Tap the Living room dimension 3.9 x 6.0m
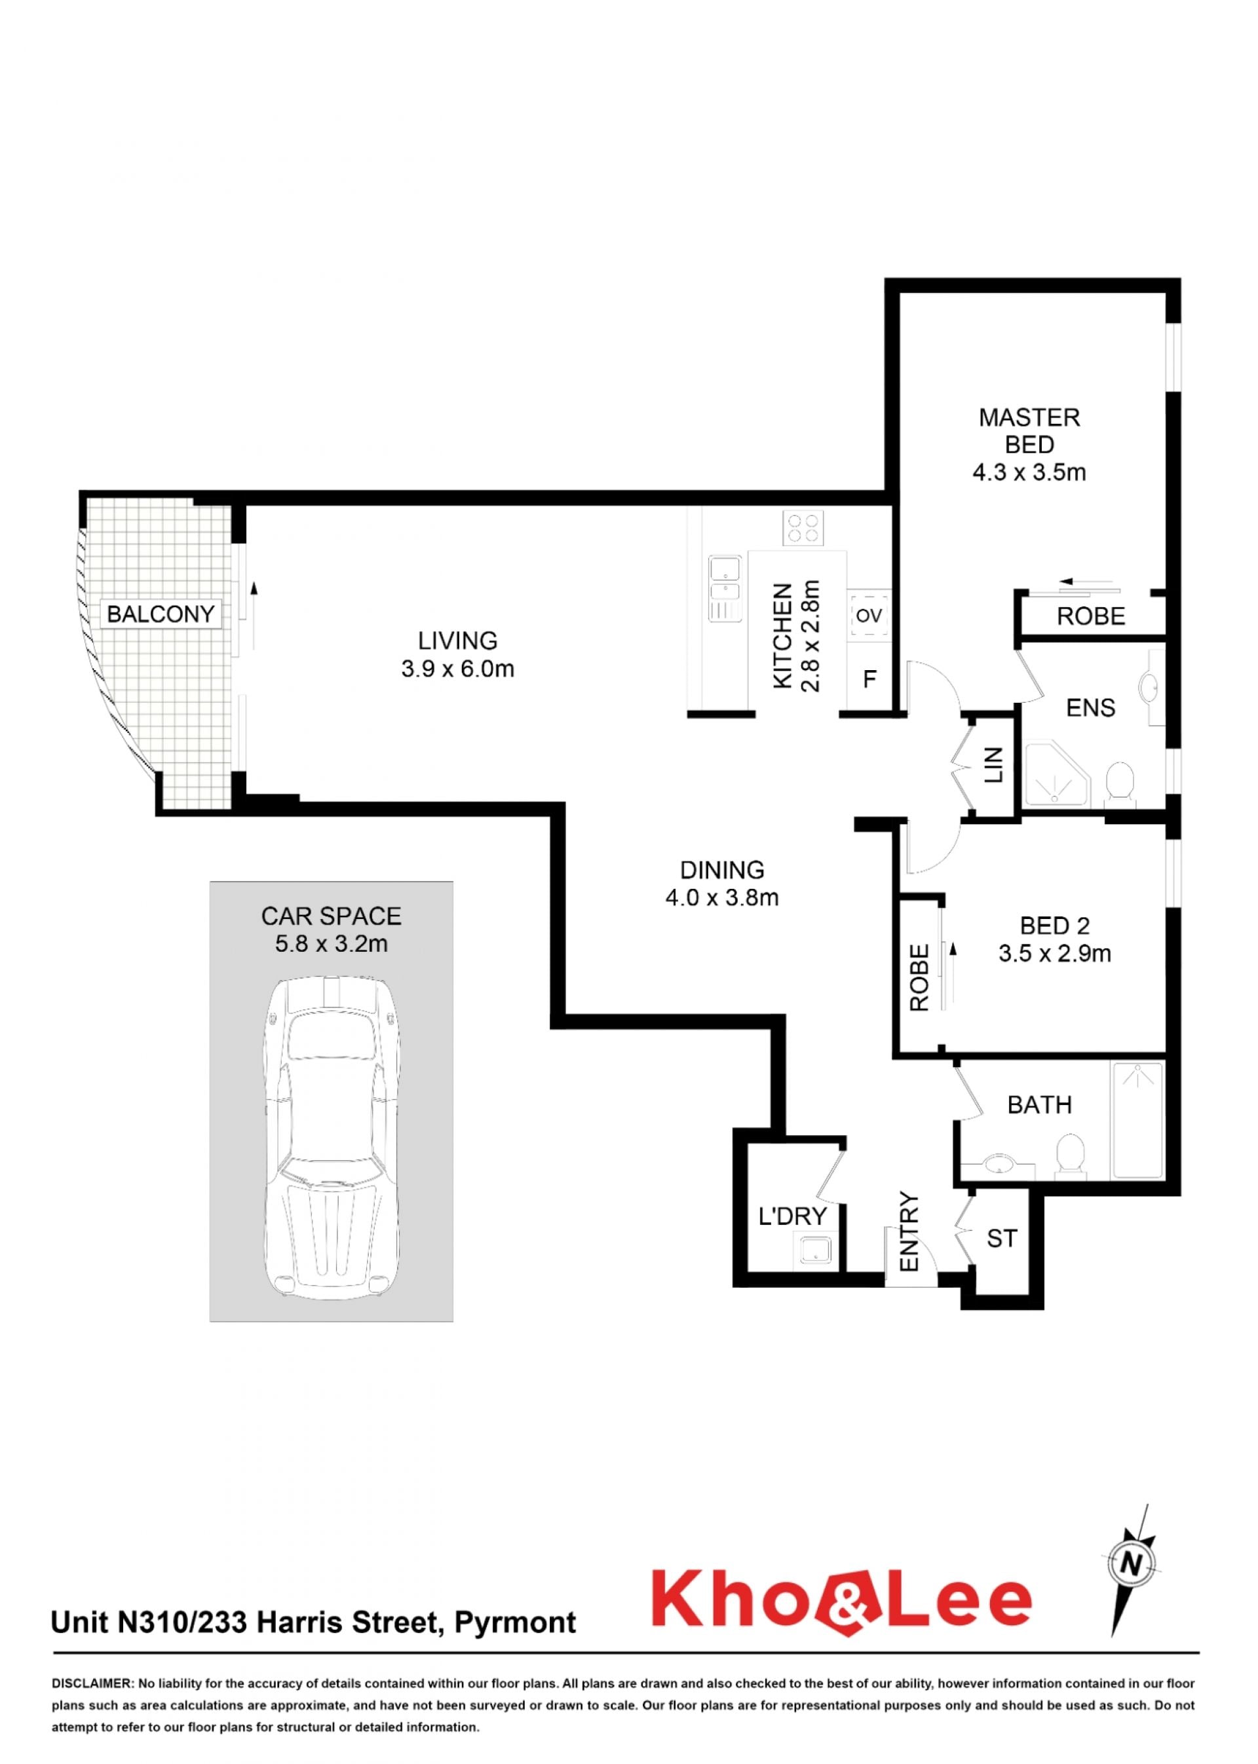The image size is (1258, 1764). pyautogui.click(x=458, y=669)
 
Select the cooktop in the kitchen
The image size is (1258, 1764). pyautogui.click(x=803, y=528)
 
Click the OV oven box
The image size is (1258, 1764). pyautogui.click(x=869, y=615)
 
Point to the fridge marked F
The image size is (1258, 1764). pyautogui.click(x=870, y=679)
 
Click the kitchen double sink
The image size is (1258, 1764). pyautogui.click(x=724, y=588)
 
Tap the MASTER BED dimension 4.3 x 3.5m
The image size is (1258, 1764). pyautogui.click(x=1029, y=472)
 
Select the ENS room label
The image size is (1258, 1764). pyautogui.click(x=1091, y=708)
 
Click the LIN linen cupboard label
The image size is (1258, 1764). pyautogui.click(x=994, y=764)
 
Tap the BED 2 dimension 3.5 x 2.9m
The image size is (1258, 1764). pyautogui.click(x=1055, y=953)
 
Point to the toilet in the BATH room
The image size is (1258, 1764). pyautogui.click(x=1071, y=1156)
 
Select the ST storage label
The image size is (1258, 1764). pyautogui.click(x=1002, y=1238)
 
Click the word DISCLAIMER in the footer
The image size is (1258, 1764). pyautogui.click(x=92, y=1683)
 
